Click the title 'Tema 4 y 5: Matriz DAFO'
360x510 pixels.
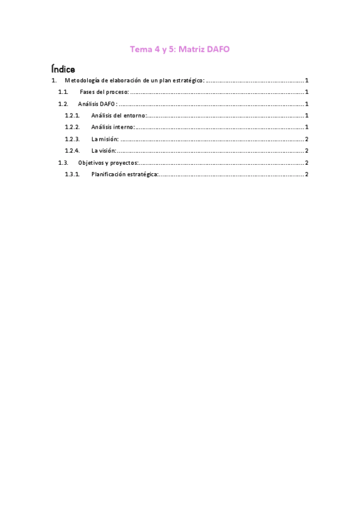point(180,50)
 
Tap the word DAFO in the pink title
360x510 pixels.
point(217,50)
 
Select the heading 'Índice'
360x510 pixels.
point(63,69)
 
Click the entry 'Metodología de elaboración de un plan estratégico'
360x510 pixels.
point(134,81)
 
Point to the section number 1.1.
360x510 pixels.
point(63,92)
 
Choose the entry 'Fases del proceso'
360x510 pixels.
point(104,92)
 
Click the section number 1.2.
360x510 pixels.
point(63,104)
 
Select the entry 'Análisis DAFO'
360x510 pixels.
point(97,104)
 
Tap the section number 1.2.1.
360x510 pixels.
point(72,115)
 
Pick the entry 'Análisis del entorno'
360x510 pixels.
point(118,115)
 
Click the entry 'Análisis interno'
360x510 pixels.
point(112,127)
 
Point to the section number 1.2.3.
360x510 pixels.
point(72,139)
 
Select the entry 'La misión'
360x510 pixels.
point(104,139)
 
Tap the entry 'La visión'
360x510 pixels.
point(103,151)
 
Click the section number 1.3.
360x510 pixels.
point(63,162)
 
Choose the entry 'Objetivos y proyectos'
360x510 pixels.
point(108,162)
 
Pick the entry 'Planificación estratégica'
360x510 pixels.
point(124,174)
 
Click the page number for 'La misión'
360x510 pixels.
point(307,139)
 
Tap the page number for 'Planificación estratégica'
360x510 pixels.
point(307,174)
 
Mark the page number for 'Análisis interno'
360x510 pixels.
point(307,127)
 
